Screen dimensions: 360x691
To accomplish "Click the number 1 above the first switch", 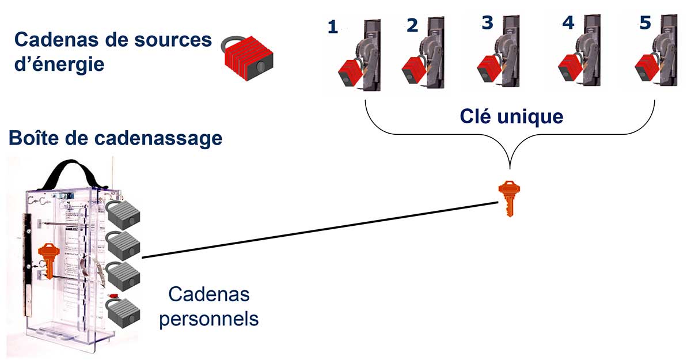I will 332,27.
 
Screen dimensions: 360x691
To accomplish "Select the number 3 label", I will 488,22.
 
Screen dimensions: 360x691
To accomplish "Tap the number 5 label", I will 646,24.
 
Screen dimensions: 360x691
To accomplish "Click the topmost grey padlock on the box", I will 123,214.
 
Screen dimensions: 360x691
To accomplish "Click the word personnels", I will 208,318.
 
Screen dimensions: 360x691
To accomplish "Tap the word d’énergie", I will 59,63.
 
